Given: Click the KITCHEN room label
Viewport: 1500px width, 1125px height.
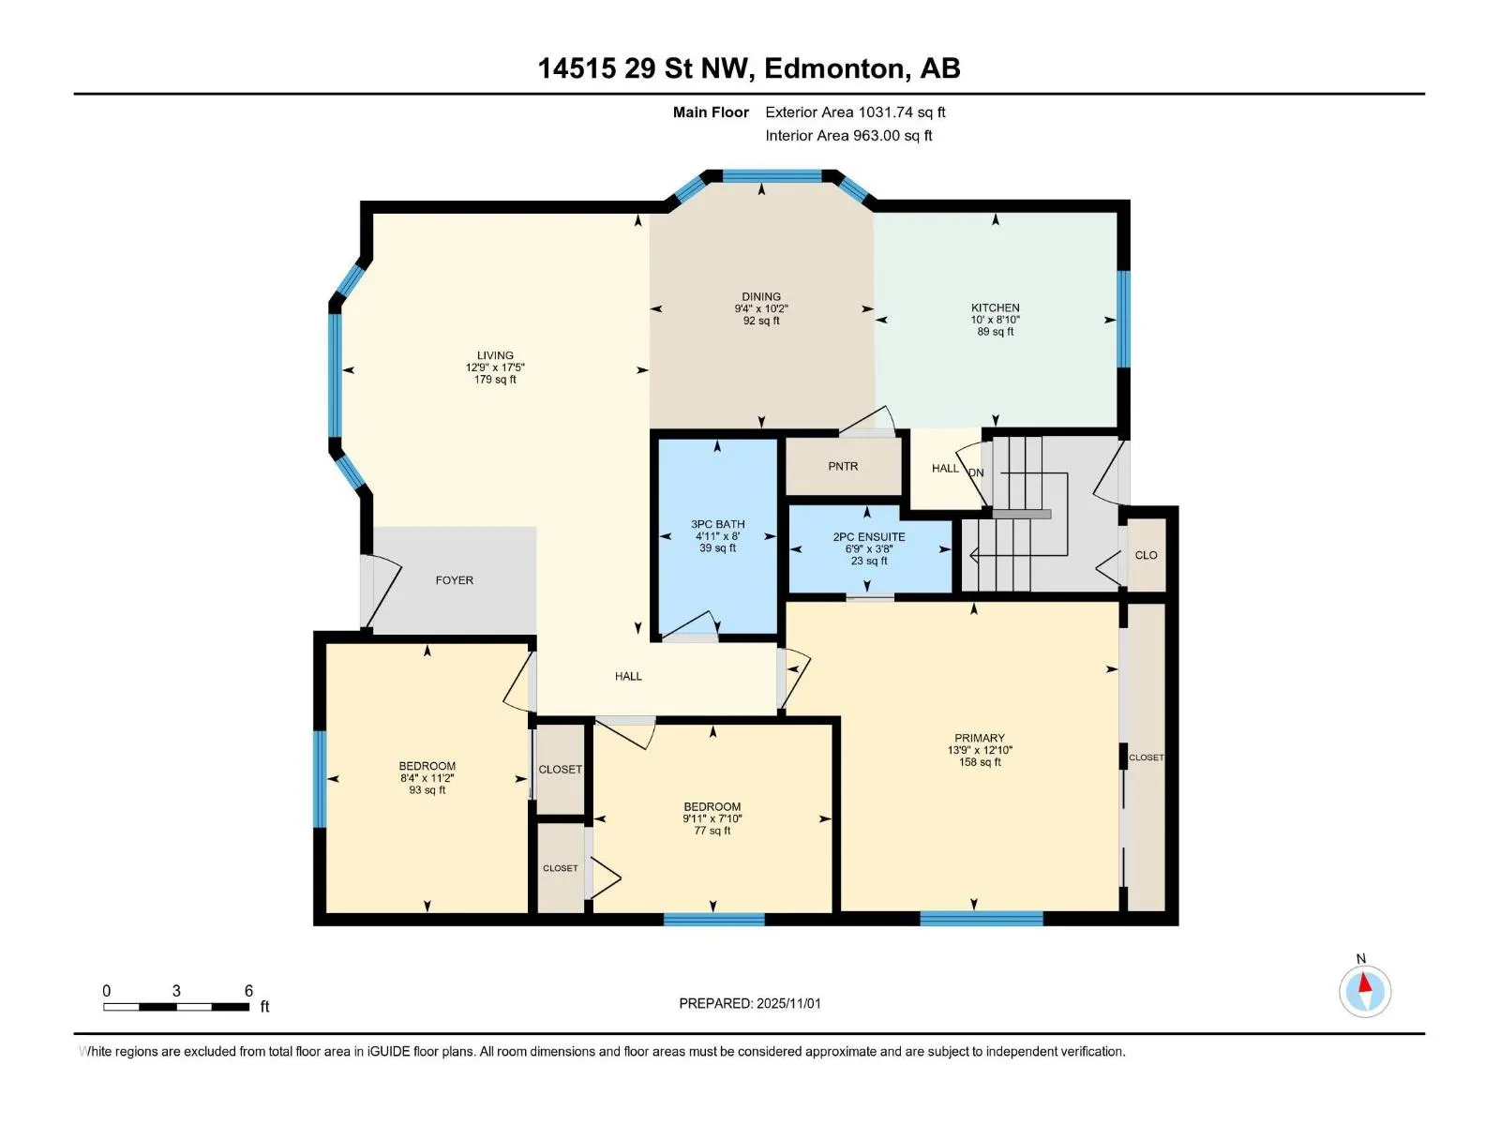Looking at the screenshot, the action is coord(995,308).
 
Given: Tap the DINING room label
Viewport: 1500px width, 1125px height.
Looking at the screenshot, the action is coord(761,296).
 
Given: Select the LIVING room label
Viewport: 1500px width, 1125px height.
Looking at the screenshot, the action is coord(495,355).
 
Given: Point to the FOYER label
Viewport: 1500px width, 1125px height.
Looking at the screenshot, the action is coord(455,580).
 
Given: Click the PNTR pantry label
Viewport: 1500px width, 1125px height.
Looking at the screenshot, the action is coord(843,466).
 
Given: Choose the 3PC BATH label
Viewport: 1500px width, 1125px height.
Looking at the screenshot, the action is coord(717,524).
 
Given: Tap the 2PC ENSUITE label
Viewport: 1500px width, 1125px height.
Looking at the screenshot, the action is coord(868,537).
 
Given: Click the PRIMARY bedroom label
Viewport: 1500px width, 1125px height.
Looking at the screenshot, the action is coord(980,738).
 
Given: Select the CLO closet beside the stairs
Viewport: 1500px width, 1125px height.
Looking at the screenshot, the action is coord(1146,555).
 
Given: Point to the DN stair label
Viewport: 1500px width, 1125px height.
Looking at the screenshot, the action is coord(976,472).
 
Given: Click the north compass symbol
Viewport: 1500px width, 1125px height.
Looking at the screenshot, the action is coord(1365,991).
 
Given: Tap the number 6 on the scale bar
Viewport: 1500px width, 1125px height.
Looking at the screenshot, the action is coord(248,991).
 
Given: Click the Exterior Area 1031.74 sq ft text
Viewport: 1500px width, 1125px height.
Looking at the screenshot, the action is coord(855,112).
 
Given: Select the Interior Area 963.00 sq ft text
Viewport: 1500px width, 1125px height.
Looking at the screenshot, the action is coord(848,135).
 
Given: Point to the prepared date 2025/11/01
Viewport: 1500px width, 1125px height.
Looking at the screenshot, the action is coord(788,1003).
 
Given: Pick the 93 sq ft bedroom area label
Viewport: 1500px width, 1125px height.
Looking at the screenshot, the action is coord(427,790).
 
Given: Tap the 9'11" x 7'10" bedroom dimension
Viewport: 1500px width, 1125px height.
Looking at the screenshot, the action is coord(712,818).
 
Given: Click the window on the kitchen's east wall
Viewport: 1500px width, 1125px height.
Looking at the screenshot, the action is coord(1123,319).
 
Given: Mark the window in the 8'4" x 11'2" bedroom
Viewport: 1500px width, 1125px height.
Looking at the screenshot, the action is coord(319,779).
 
